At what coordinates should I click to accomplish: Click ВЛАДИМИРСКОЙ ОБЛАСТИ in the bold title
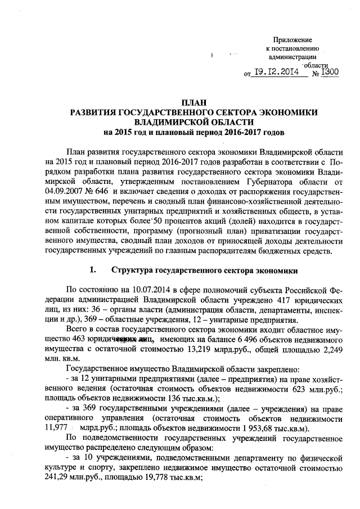coord(194,122)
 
